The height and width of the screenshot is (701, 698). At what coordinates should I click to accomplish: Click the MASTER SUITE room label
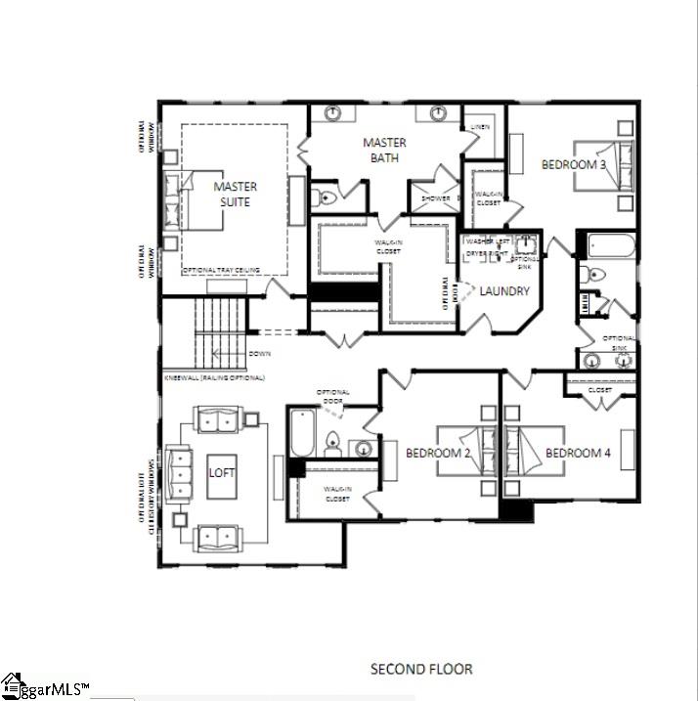click(x=235, y=194)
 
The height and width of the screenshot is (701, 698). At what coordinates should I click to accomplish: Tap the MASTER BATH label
click(x=384, y=150)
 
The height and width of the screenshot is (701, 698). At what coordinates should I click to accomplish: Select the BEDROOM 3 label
click(x=574, y=165)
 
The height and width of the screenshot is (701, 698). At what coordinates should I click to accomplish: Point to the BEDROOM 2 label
click(x=439, y=453)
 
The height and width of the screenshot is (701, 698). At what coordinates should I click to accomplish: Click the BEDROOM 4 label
click(x=578, y=453)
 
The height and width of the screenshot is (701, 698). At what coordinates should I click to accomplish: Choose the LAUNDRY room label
click(x=504, y=291)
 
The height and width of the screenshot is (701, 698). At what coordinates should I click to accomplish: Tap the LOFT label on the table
click(x=222, y=472)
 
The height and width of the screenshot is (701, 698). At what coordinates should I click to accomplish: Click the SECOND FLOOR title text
click(x=421, y=669)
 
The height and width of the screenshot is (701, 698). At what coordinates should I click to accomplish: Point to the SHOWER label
click(x=436, y=198)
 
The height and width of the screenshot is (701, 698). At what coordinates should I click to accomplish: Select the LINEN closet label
click(x=480, y=127)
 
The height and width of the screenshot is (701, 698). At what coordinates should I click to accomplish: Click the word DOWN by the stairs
click(x=260, y=353)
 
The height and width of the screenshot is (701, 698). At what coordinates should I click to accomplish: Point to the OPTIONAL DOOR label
click(x=332, y=397)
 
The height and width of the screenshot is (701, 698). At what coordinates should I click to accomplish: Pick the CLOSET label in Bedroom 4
click(x=600, y=390)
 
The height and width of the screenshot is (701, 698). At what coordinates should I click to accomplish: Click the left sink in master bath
click(x=332, y=113)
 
